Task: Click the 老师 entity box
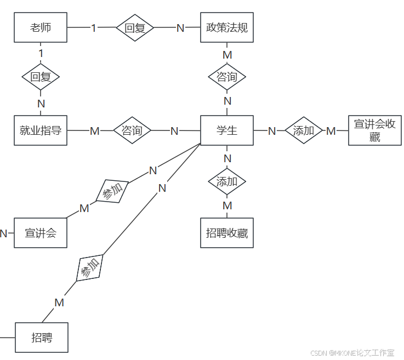pos(41,27)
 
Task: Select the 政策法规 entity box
pos(227,27)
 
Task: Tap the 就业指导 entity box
pos(41,130)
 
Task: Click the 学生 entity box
pos(227,130)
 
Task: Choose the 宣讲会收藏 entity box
pos(374,130)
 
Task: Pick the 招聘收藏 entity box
pos(227,233)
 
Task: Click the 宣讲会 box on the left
pos(41,233)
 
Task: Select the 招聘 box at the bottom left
pos(42,338)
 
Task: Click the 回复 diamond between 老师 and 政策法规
pos(135,27)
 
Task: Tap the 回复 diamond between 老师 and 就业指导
pos(41,77)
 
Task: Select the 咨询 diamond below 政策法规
pos(227,77)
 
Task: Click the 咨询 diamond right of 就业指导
pos(132,130)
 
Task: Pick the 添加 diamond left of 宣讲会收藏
pos(304,130)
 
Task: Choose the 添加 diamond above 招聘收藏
pos(227,181)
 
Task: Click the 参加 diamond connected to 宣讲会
pos(113,191)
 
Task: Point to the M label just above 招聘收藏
pos(227,205)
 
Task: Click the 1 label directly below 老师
pos(41,53)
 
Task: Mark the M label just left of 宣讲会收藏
pos(331,131)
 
